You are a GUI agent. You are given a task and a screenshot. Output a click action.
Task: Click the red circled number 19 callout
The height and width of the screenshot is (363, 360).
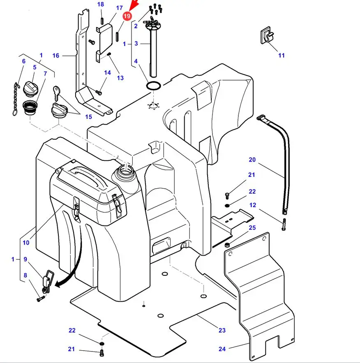tap(127, 16)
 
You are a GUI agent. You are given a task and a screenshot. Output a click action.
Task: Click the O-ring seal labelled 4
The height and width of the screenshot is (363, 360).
tap(153, 86)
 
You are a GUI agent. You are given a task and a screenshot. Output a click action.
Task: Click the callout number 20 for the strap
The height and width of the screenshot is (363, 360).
tap(252, 160)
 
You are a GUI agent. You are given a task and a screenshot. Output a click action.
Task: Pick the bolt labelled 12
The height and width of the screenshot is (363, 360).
tap(284, 224)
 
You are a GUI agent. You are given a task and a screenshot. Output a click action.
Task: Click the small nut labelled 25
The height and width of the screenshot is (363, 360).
tap(226, 245)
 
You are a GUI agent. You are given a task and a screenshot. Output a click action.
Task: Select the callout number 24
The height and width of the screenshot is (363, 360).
tap(222, 349)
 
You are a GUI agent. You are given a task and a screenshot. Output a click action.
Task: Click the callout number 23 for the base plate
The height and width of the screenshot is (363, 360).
tap(222, 330)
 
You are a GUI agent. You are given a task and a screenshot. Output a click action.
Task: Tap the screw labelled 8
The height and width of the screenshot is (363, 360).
tap(39, 299)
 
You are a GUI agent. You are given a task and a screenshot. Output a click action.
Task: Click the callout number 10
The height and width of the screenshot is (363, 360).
tap(26, 243)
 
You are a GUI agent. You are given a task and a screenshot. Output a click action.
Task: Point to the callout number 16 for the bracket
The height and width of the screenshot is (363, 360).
tap(56, 55)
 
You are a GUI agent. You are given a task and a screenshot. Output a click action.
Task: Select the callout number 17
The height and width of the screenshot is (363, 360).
tap(120, 8)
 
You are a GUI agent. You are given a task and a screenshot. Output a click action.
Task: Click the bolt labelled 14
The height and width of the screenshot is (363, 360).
tap(99, 92)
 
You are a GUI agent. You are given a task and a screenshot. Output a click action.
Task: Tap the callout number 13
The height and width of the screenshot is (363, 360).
tap(120, 78)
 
